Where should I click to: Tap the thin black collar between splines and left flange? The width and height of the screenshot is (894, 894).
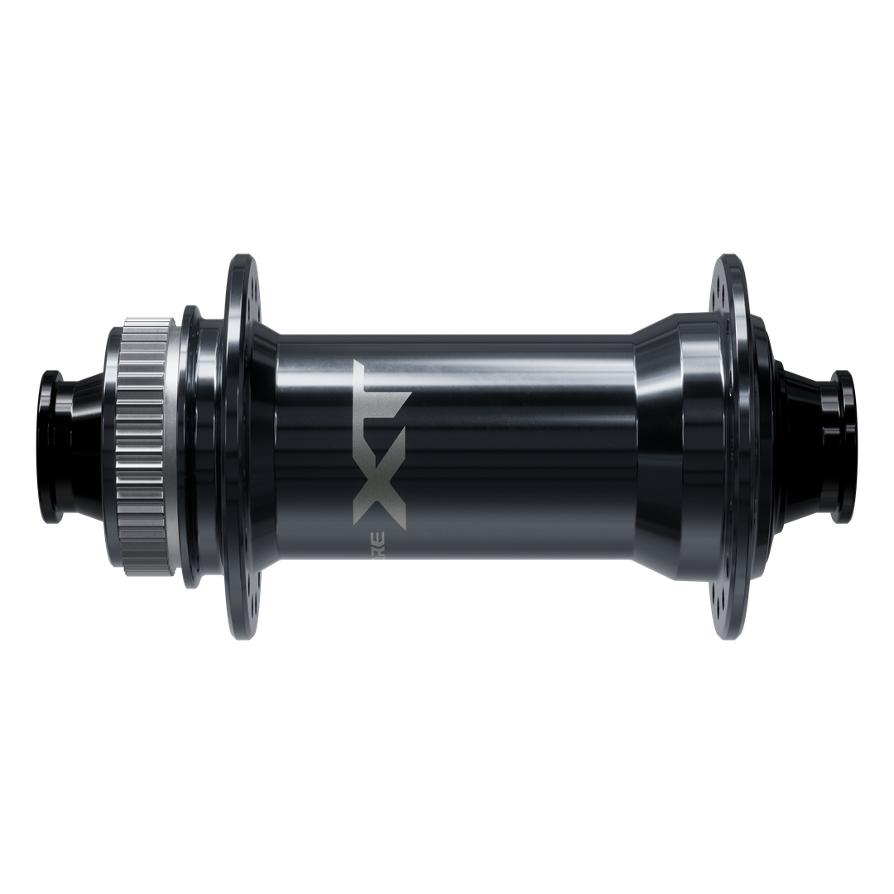[x=191, y=447]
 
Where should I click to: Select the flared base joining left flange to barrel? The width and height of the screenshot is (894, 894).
[x=263, y=447]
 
